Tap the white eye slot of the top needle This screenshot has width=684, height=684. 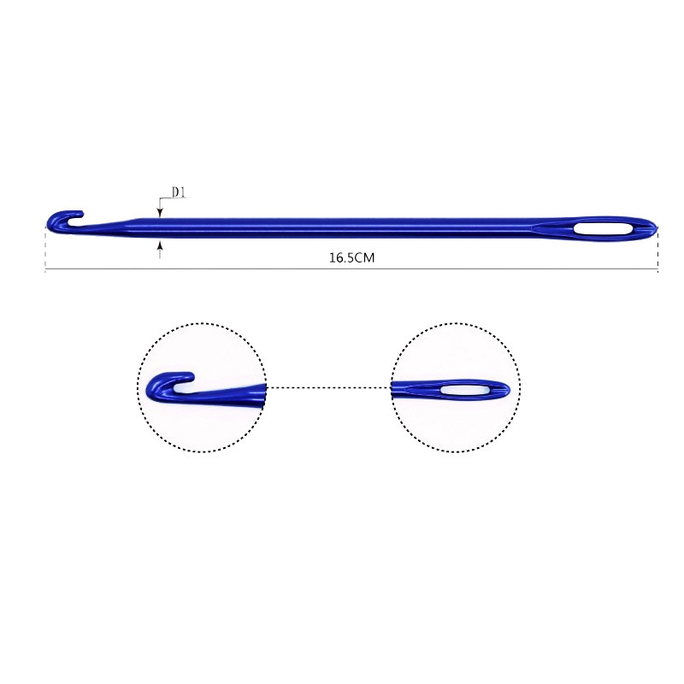603,229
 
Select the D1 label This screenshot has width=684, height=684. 179,192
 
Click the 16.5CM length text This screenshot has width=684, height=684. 351,257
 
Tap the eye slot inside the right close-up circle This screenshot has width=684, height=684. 464,390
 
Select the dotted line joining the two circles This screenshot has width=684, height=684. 329,387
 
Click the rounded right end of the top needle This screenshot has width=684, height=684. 652,228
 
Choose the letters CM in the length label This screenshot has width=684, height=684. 365,257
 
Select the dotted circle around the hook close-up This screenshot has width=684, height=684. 202,324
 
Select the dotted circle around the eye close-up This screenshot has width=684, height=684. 456,324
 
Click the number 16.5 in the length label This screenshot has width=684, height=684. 341,257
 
